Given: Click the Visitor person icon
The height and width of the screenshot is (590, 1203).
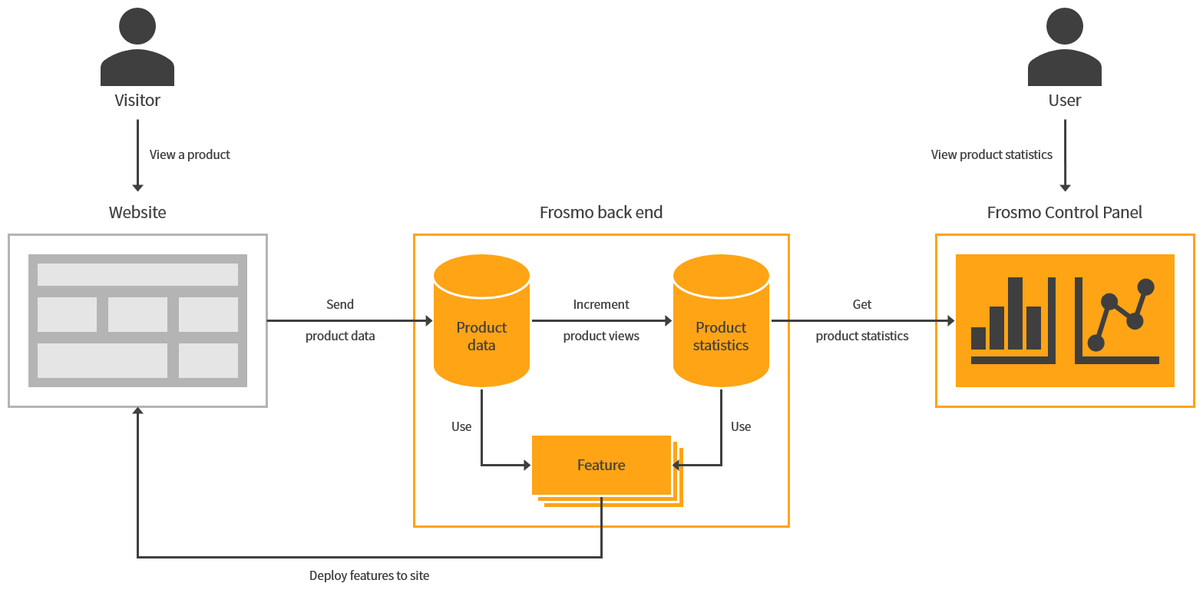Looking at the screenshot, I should [x=137, y=48].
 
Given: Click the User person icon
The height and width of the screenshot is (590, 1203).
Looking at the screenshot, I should [x=1064, y=48].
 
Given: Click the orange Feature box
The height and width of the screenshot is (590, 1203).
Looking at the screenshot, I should [x=601, y=465].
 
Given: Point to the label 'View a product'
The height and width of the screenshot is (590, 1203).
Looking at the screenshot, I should [x=190, y=154].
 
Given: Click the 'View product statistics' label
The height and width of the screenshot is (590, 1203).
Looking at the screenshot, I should [x=991, y=154].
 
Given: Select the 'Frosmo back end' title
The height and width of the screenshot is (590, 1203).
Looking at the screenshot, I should [x=601, y=212].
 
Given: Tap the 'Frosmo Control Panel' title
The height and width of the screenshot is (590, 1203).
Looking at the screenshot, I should [x=1064, y=212].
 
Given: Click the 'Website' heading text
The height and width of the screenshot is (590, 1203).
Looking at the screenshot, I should [x=137, y=212].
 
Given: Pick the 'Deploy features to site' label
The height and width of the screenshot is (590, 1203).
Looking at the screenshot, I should [x=369, y=575].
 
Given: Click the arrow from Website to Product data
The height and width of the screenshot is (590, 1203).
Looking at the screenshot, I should [x=349, y=320].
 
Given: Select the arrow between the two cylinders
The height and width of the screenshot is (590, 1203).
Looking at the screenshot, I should [x=601, y=320].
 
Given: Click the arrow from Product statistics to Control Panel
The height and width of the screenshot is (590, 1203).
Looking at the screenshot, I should [x=862, y=320].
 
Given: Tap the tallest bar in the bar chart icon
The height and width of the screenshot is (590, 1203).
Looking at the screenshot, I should [x=1015, y=313].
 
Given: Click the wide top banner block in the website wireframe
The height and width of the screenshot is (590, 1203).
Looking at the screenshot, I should [x=137, y=274].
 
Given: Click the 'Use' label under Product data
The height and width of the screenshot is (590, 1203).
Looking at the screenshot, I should [x=461, y=426].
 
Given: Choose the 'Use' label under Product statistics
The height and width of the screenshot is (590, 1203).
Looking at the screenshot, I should [x=741, y=426].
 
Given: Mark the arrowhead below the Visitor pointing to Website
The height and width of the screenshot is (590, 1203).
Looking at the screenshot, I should [x=137, y=187].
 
